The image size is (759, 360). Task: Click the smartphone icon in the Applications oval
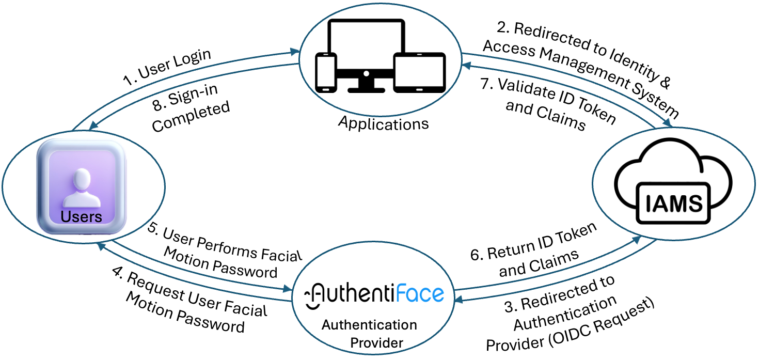[x=326, y=72]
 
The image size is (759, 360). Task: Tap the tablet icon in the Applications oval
[x=419, y=72]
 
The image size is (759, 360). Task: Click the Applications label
[x=384, y=123]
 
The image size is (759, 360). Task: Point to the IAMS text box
[x=673, y=203]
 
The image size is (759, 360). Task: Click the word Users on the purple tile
[x=82, y=216]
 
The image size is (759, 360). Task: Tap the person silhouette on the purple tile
[x=82, y=187]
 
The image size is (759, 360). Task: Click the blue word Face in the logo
[x=420, y=293]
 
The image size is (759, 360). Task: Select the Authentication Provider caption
[x=370, y=334]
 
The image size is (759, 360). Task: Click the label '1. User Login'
[x=167, y=67]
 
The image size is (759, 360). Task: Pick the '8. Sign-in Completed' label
[x=191, y=108]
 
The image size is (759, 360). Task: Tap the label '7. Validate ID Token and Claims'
[x=548, y=104]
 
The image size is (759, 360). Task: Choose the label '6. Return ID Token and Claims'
[x=533, y=251]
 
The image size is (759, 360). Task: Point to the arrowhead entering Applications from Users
[x=295, y=52]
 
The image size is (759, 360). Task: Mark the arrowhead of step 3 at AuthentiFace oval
[x=459, y=300]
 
